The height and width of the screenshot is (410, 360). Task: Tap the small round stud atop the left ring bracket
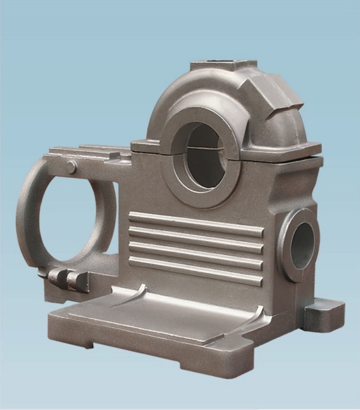[x=71, y=167]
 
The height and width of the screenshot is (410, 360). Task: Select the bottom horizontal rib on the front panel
[x=196, y=271]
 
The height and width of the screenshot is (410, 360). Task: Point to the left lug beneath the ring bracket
[x=57, y=277]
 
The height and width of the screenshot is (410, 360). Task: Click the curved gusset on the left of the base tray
[x=131, y=296]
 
